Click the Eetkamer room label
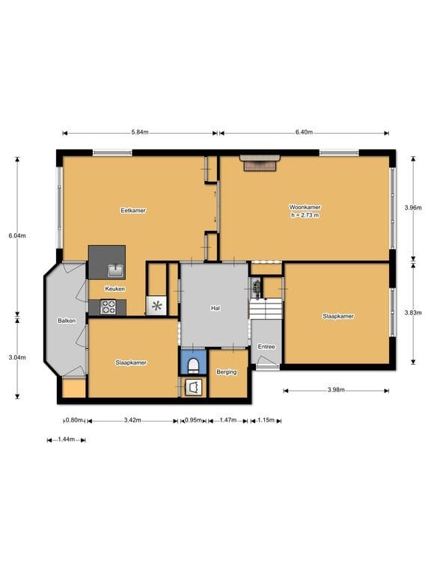pos(133,211)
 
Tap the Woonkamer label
pos(305,207)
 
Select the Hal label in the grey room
pos(215,308)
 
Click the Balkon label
pos(67,321)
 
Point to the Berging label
pos(227,372)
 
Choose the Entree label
pos(266,347)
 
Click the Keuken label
pos(115,288)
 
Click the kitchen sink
pos(117,271)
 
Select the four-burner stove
pos(108,307)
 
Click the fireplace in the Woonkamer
pos(260,162)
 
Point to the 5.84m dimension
pos(140,132)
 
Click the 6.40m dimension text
pos(305,132)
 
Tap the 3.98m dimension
pos(336,390)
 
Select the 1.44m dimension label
pos(67,439)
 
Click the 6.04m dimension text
pos(17,235)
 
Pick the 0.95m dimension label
pos(194,420)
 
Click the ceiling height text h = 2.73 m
pos(305,215)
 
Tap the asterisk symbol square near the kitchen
pos(157,306)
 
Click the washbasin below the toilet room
pos(194,387)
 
